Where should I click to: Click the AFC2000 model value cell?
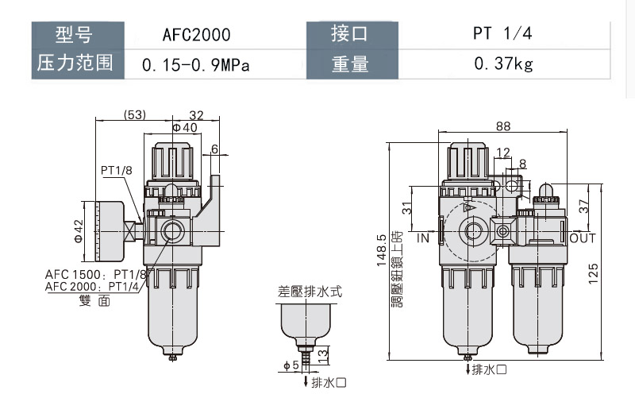pos(196,36)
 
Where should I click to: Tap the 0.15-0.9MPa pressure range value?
pos(196,64)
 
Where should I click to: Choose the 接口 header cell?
pos(350,36)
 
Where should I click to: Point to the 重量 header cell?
pos(350,64)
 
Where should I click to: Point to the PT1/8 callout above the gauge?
pos(117,171)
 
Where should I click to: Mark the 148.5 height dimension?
pos(383,249)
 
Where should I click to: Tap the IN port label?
pos(423,238)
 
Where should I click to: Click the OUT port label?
pos(582,238)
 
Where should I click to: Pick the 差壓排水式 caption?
pos(310,292)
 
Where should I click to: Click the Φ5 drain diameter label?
pos(290,365)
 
